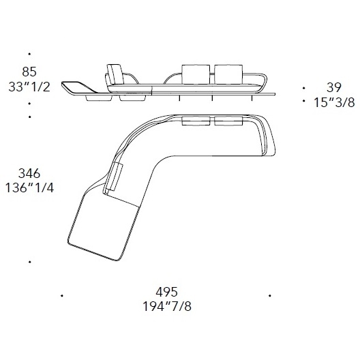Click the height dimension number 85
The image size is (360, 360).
pos(29,72)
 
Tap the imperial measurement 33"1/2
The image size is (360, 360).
pos(29,87)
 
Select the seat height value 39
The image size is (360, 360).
pos(333,87)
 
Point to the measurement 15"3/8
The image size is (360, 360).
pos(334,102)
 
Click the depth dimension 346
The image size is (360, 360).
pos(29,173)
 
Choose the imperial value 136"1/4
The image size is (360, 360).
pos(29,188)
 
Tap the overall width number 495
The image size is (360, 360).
pos(167,292)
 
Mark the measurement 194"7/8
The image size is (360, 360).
pos(167,307)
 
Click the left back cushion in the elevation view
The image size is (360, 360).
pos(196,74)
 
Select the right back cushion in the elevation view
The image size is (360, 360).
pos(228,74)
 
